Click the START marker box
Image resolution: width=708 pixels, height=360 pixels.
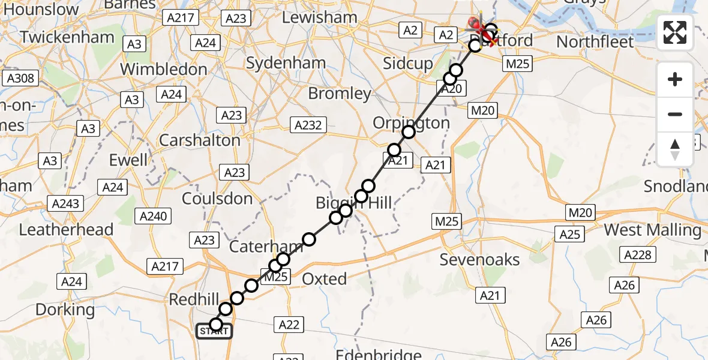214,331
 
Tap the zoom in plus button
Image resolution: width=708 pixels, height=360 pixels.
675,79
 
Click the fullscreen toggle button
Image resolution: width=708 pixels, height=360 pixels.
675,32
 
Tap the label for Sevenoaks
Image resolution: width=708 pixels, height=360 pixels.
479,259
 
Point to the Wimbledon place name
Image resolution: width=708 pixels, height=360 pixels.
164,69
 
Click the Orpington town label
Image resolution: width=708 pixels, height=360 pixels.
411,123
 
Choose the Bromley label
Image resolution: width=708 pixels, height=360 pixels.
340,94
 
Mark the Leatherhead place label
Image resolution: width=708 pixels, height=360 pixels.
66,229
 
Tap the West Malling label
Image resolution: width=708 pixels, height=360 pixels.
652,230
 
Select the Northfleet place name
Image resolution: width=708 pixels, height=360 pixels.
595,41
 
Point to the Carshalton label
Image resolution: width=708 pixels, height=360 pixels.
199,140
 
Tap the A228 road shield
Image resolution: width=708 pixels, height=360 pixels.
637,255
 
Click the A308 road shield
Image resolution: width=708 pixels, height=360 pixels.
19,79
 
